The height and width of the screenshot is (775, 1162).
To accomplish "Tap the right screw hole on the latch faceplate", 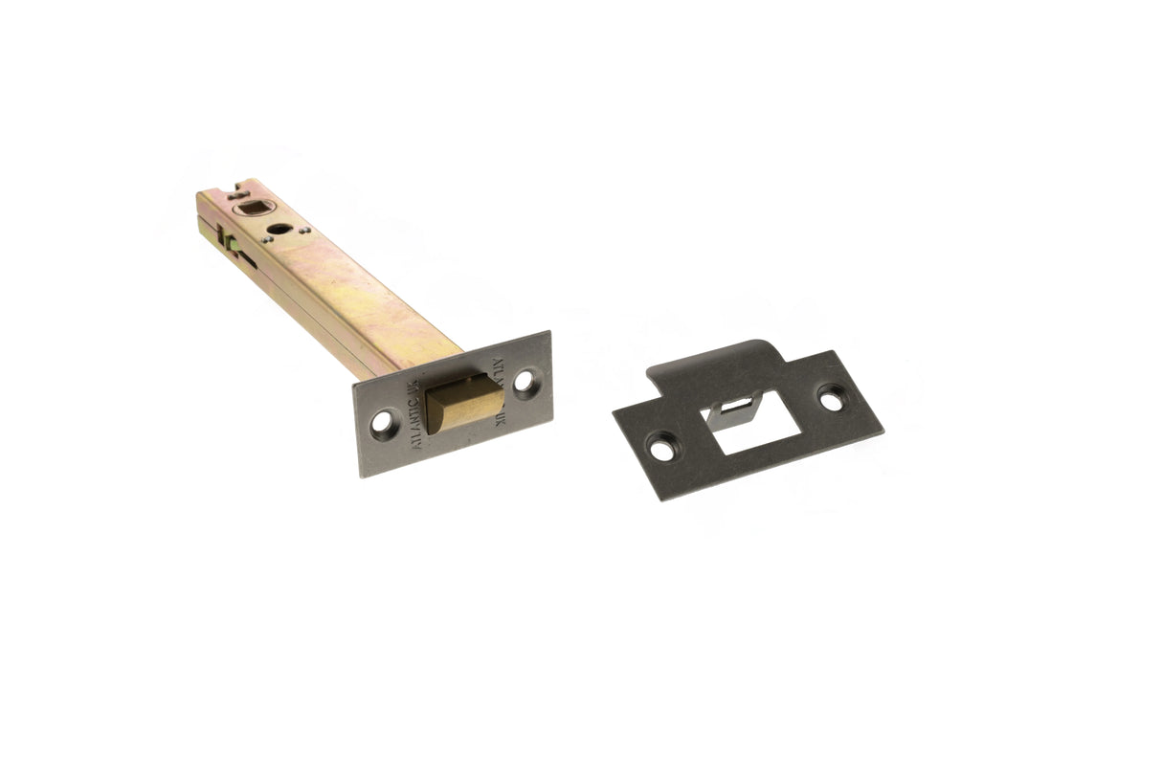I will tap(524, 383).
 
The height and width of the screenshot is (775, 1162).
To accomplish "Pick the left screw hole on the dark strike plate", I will tap(660, 443).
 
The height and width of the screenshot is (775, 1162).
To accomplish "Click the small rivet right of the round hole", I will tap(304, 230).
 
